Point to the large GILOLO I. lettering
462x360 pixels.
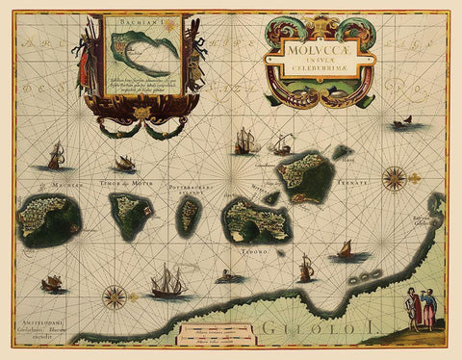coord(318,328)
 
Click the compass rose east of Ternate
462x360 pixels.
coord(394,177)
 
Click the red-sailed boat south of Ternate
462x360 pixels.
coord(344,252)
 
